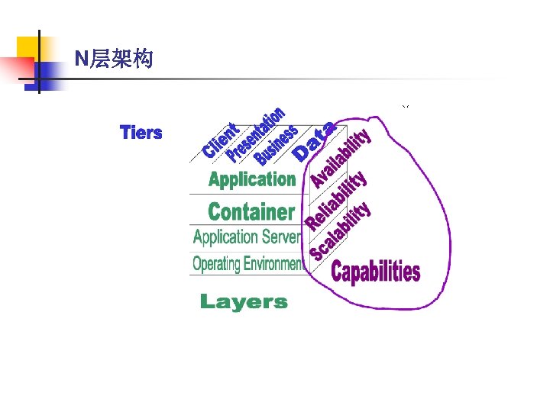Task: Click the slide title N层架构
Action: (x=114, y=58)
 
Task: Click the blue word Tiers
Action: (x=141, y=133)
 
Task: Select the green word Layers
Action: (x=244, y=302)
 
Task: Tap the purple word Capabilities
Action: (x=376, y=271)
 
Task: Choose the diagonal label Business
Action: (x=277, y=145)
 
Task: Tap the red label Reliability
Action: (x=337, y=199)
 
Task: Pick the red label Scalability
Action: (x=340, y=230)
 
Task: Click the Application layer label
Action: (x=251, y=180)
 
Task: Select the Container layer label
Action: (x=251, y=211)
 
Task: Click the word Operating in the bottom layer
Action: (x=216, y=265)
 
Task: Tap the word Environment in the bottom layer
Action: (x=273, y=265)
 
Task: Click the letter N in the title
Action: (x=81, y=58)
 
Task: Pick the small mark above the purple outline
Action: (x=406, y=106)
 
